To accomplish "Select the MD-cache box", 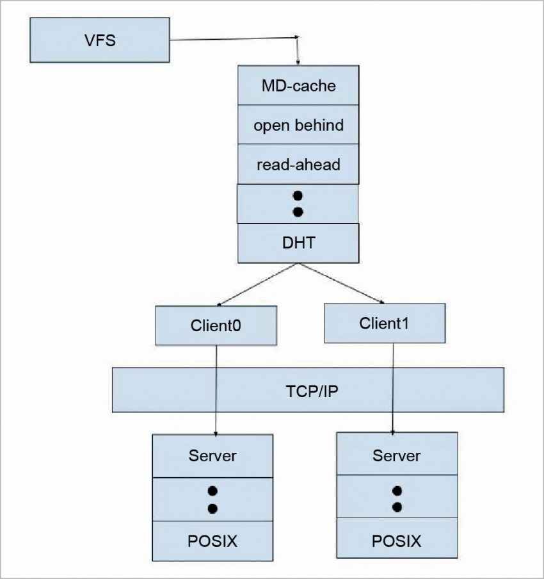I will tap(298, 86).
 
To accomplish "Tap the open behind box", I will tap(298, 125).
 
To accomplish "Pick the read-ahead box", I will tap(298, 165).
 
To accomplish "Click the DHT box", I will tap(298, 243).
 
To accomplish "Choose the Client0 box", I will tap(216, 325).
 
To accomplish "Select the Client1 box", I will tap(385, 323).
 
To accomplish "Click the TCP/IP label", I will tap(308, 389).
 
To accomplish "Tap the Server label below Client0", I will tap(212, 456).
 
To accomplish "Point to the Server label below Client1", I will tap(397, 456).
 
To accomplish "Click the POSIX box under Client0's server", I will tap(212, 541).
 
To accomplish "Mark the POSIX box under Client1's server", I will tap(397, 541).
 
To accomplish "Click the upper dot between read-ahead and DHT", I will tap(298, 195).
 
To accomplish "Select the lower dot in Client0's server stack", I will tap(213, 509).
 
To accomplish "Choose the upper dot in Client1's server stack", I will tap(397, 491).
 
